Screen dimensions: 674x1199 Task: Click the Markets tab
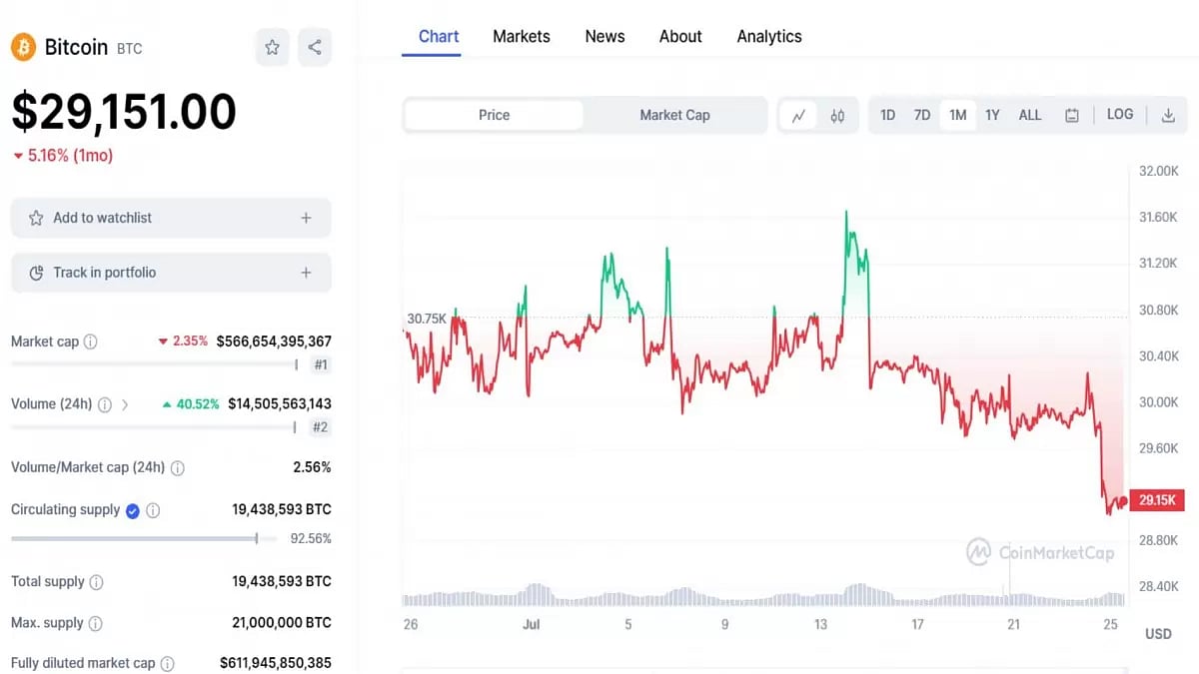click(x=521, y=36)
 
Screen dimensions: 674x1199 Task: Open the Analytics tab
click(x=768, y=36)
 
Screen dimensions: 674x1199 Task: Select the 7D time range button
click(x=921, y=115)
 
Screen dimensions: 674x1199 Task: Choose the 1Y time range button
click(x=991, y=115)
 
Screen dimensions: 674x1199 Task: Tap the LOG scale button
click(x=1119, y=115)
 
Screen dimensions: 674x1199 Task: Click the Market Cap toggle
click(x=674, y=115)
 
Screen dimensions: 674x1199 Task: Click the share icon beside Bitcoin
click(x=315, y=47)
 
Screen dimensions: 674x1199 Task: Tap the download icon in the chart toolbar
click(x=1167, y=116)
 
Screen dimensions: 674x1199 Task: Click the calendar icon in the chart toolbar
click(x=1071, y=116)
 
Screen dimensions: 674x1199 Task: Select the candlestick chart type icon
click(x=837, y=116)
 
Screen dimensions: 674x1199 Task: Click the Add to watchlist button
click(x=171, y=218)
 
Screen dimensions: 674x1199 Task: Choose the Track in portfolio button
click(x=171, y=273)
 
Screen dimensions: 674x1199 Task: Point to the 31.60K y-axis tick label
click(x=1158, y=217)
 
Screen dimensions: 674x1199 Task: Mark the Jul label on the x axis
click(x=531, y=624)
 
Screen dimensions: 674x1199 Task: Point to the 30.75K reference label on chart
click(x=427, y=319)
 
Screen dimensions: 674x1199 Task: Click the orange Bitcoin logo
click(x=23, y=47)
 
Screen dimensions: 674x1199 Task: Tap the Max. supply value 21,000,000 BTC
click(x=282, y=623)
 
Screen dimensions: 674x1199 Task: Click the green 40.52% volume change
click(x=191, y=404)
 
